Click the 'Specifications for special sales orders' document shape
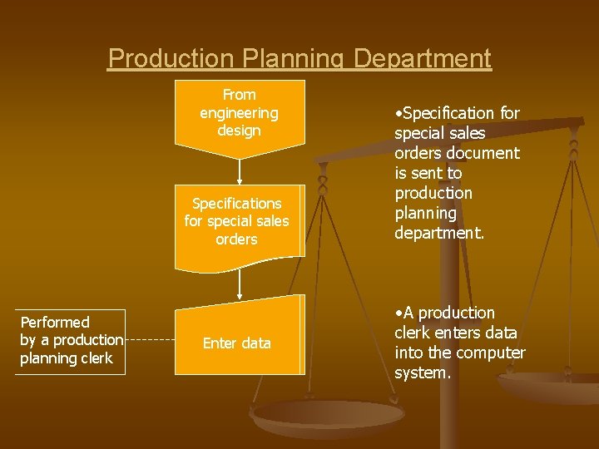click(239, 221)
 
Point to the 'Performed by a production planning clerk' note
click(70, 340)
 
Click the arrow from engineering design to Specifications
click(240, 170)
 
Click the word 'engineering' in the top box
click(239, 112)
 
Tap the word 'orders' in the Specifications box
click(236, 239)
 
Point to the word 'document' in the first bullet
click(482, 153)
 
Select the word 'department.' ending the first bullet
click(438, 233)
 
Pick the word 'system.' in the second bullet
click(422, 373)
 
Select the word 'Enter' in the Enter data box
click(220, 343)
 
